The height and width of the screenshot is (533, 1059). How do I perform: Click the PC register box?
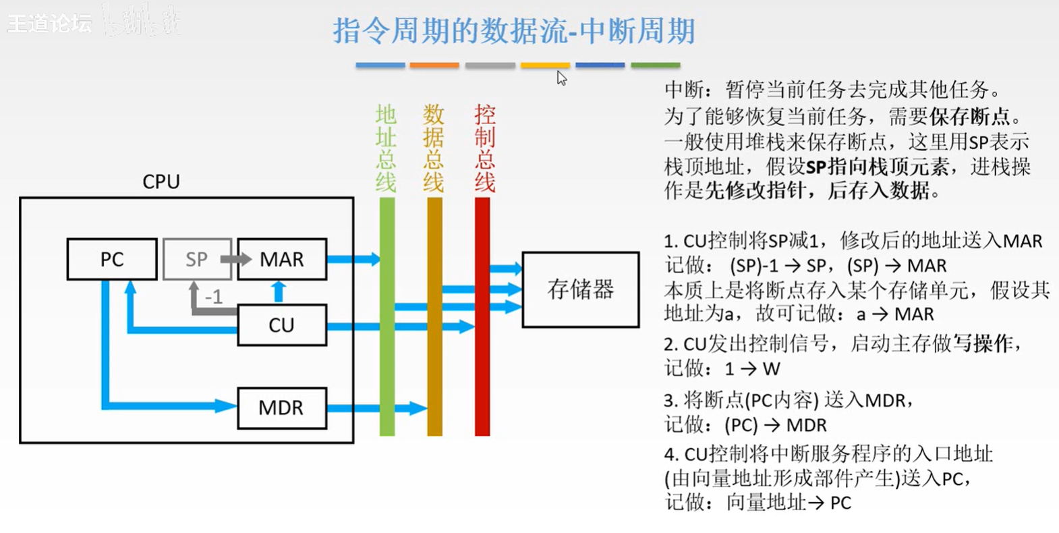point(112,259)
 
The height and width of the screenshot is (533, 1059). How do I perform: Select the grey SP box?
point(196,259)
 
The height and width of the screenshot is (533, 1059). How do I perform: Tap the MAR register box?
point(282,259)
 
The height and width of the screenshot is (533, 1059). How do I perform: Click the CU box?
point(282,325)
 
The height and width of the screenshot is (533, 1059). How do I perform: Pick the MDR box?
point(282,408)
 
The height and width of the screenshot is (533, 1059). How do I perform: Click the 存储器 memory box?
point(581,290)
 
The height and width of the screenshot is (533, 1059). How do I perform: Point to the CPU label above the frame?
point(161,181)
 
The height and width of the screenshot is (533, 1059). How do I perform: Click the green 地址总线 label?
point(386,148)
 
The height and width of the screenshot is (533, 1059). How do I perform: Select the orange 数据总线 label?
point(434,148)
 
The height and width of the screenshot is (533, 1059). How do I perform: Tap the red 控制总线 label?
point(484,148)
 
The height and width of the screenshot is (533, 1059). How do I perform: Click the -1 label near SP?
point(213,297)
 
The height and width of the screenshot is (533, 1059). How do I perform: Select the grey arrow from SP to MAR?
point(236,259)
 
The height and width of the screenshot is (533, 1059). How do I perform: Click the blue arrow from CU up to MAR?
point(278,291)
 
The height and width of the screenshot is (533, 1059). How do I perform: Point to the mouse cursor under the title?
point(561,78)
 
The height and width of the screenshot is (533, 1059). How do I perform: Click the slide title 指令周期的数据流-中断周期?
point(513,31)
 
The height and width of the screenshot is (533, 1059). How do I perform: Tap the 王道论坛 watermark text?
point(49,24)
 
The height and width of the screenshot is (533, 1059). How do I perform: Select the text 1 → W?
point(752,369)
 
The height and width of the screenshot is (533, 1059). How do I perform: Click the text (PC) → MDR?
point(775,425)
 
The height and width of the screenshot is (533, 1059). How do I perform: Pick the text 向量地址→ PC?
point(789,503)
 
